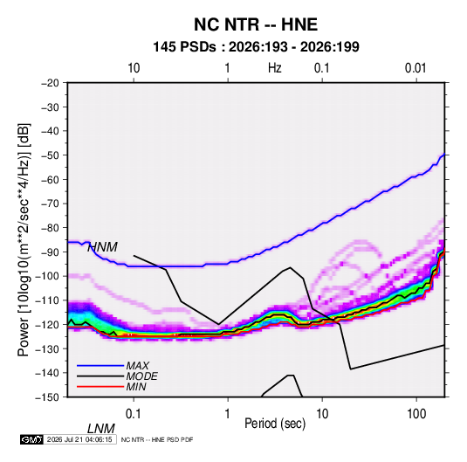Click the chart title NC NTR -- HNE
click(256, 24)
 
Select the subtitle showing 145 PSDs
click(256, 47)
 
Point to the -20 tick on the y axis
click(50, 83)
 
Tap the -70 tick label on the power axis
click(50, 203)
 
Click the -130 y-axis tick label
click(47, 348)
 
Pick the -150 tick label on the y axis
click(47, 397)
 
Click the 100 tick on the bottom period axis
click(416, 414)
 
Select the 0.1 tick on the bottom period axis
click(134, 414)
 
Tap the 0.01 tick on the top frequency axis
click(415, 68)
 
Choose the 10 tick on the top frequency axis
click(134, 68)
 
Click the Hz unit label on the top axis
click(275, 68)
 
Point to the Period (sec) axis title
click(275, 424)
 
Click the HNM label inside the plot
click(102, 247)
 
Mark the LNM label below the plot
click(101, 429)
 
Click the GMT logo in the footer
click(32, 439)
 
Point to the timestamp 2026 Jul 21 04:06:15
click(79, 439)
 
